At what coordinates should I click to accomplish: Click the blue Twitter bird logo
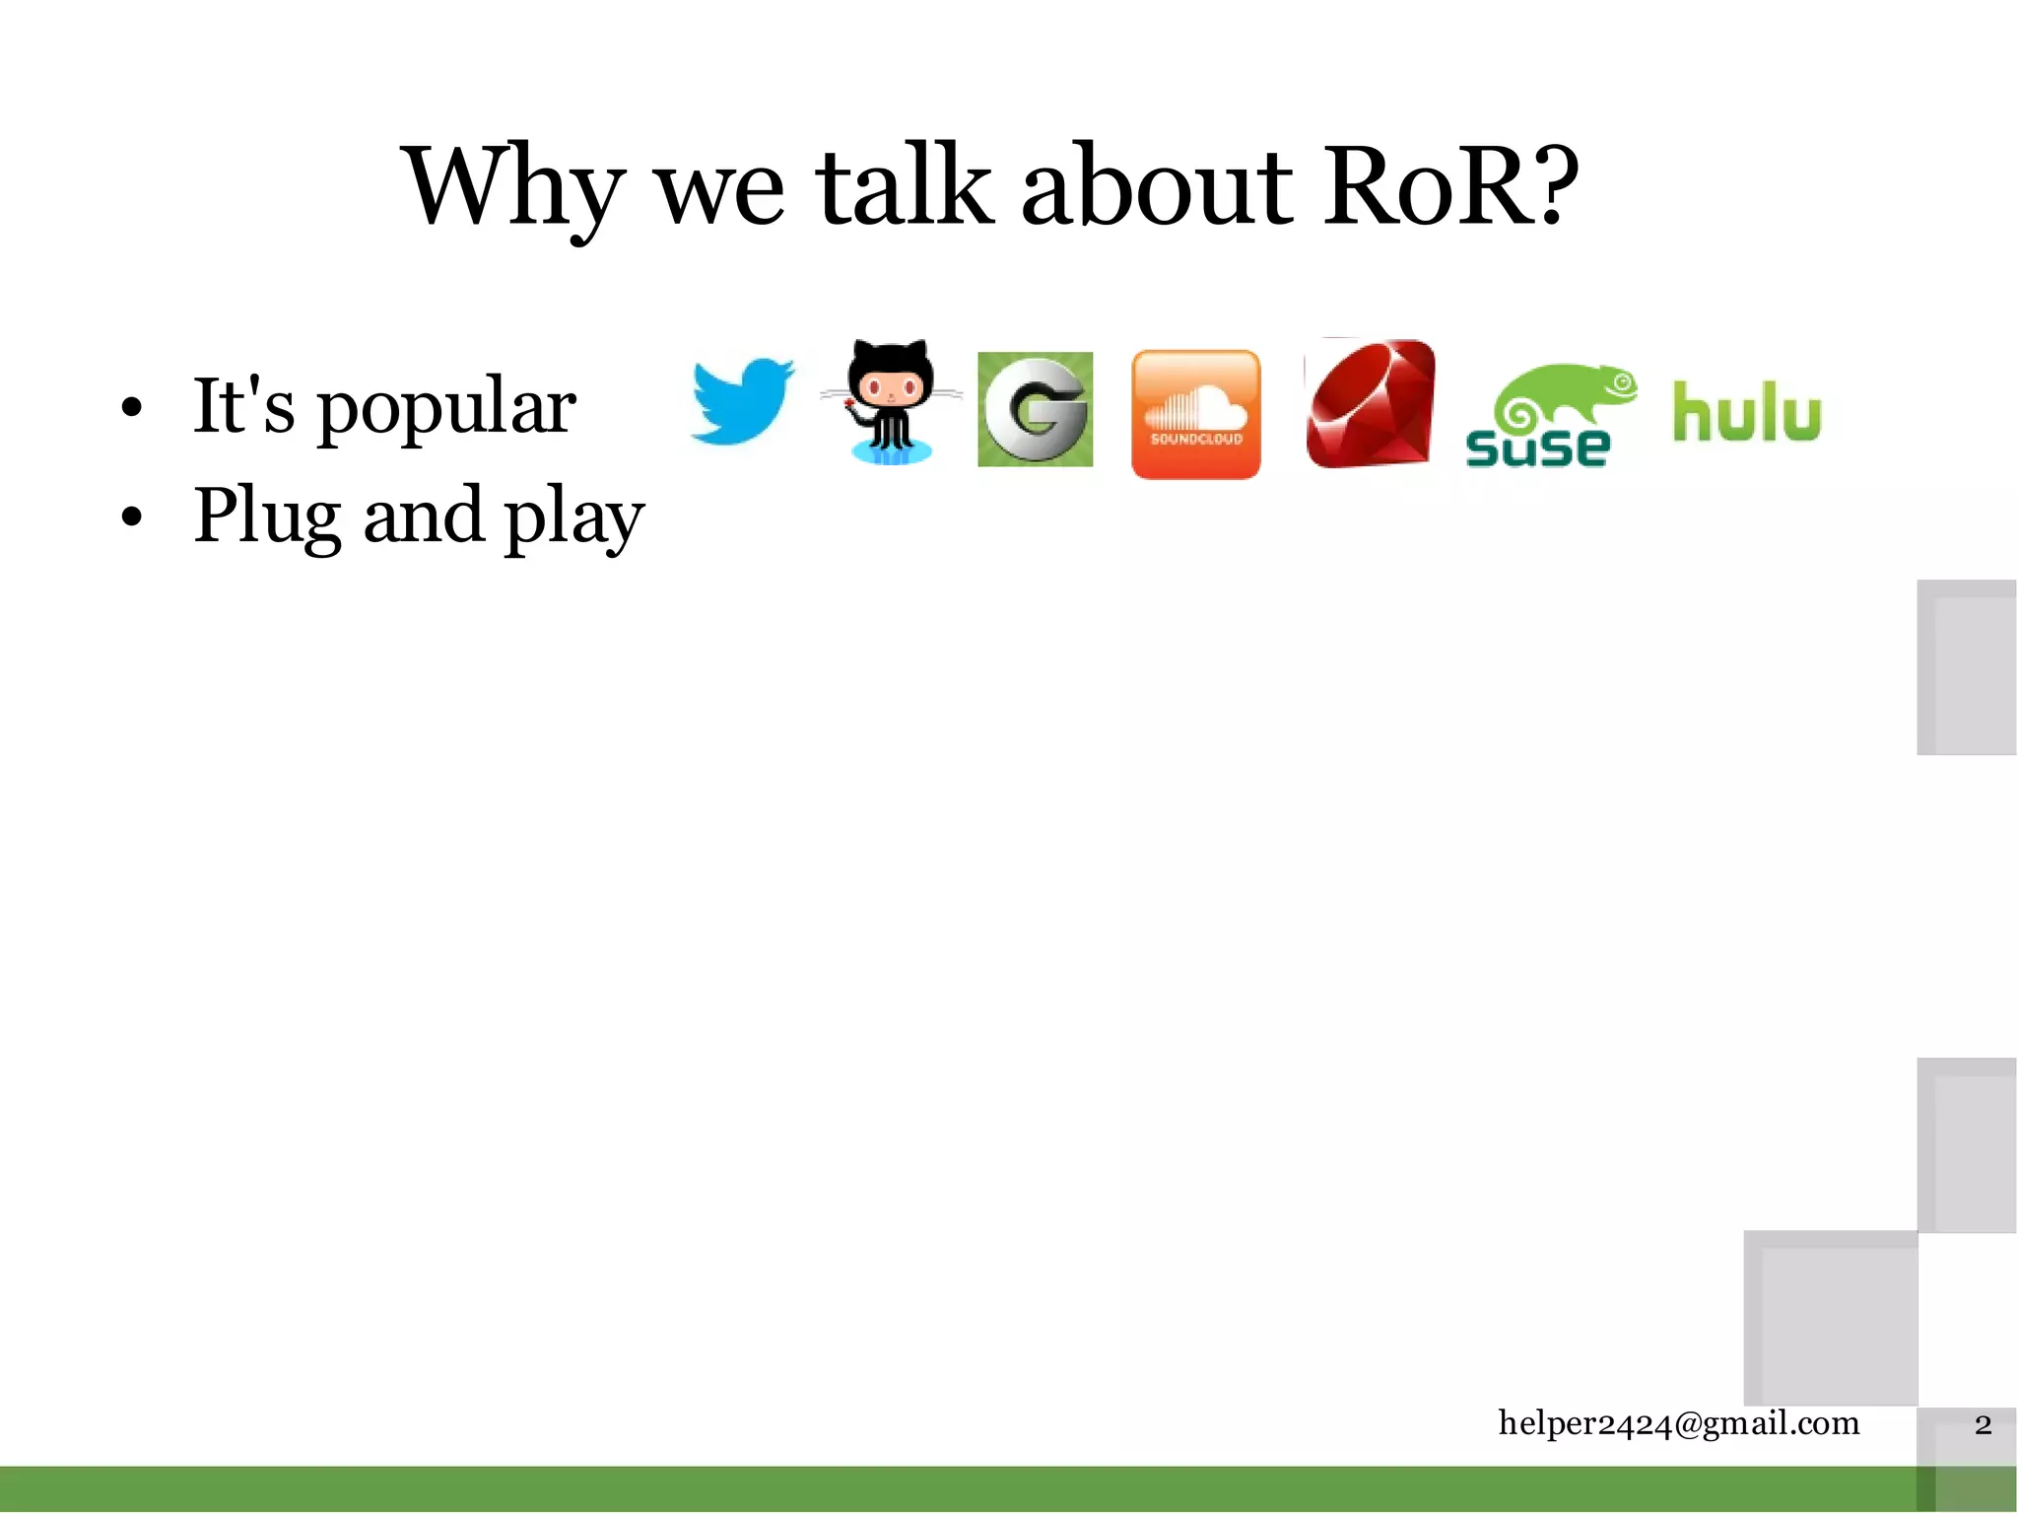(741, 402)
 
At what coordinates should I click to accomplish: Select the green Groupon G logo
(1035, 409)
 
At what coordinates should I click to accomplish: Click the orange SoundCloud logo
(1195, 414)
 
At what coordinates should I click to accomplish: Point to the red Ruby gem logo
(1370, 404)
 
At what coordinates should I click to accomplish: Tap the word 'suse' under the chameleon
(1537, 448)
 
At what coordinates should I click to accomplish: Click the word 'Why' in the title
(512, 187)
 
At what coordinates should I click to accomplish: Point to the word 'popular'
(445, 407)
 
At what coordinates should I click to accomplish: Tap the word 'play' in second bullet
(573, 517)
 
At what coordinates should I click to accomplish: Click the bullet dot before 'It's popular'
(132, 407)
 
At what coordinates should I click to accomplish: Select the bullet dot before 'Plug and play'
(132, 517)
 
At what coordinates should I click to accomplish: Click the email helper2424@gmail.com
(1678, 1423)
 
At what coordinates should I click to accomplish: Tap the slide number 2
(1983, 1425)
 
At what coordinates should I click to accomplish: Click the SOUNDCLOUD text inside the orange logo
(1196, 439)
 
